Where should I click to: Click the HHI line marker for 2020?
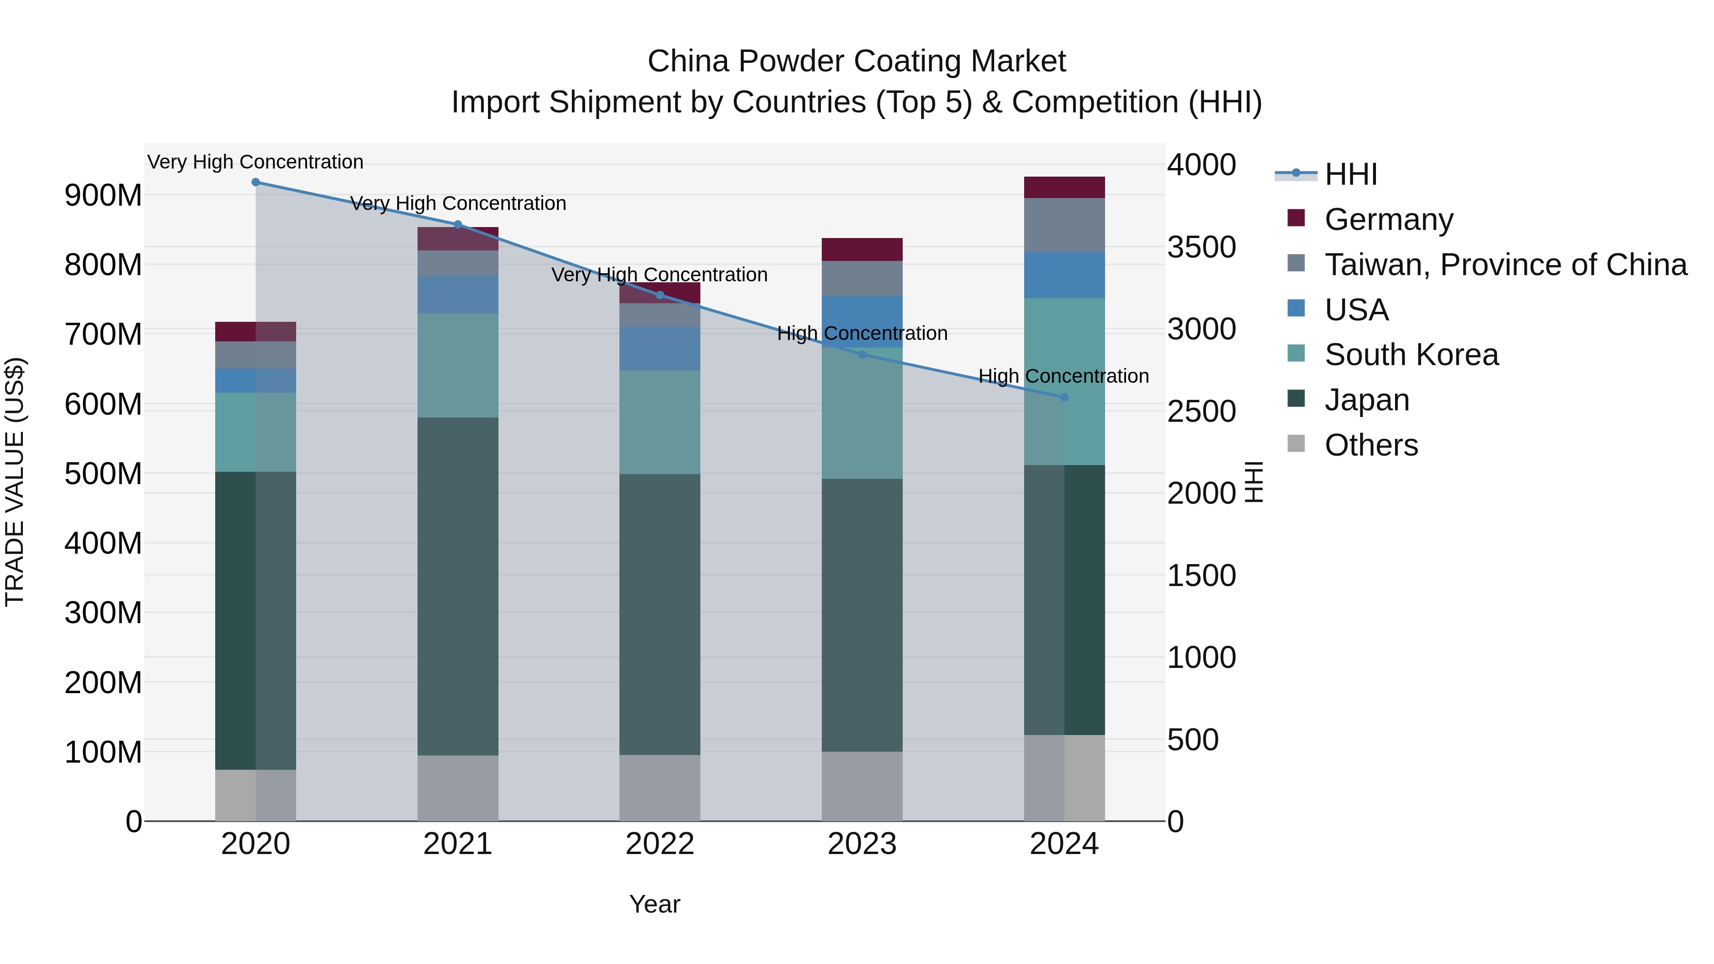(x=256, y=182)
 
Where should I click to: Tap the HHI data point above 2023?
(x=862, y=355)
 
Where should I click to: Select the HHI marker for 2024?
(x=1064, y=397)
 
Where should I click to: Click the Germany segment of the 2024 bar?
(x=1064, y=188)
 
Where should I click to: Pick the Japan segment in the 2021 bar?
(x=458, y=586)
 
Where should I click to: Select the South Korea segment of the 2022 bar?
(x=659, y=422)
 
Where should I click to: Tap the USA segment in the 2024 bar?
(x=1064, y=275)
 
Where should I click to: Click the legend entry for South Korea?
(x=1411, y=355)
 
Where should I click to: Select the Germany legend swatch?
(x=1296, y=218)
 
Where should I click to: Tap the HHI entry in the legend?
(x=1350, y=174)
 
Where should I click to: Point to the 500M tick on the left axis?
(x=103, y=474)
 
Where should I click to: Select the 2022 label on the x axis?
(x=659, y=844)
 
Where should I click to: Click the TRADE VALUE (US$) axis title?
(x=15, y=482)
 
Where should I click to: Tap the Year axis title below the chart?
(x=655, y=904)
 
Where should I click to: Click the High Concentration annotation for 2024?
(x=1063, y=376)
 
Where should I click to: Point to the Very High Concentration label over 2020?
(x=256, y=162)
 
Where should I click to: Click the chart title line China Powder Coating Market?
(x=857, y=61)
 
